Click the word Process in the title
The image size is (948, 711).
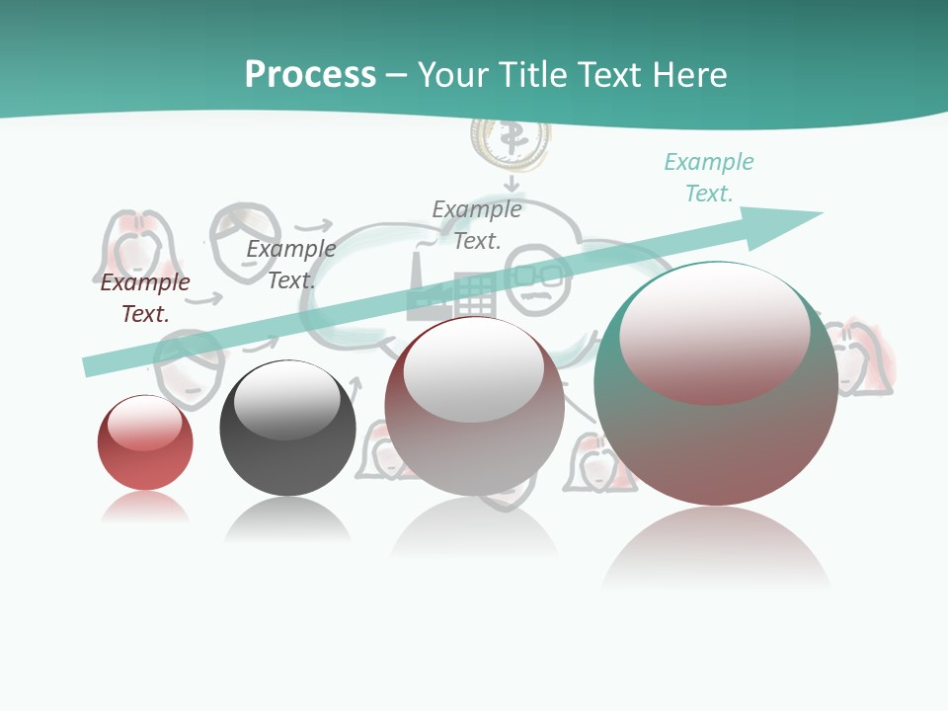click(310, 75)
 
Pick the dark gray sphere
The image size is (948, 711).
click(287, 430)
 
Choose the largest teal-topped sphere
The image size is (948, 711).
click(716, 385)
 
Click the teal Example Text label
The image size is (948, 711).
click(709, 178)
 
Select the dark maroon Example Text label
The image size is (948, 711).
click(145, 298)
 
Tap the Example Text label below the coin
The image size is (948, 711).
click(477, 225)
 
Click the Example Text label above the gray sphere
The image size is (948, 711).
click(290, 265)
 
